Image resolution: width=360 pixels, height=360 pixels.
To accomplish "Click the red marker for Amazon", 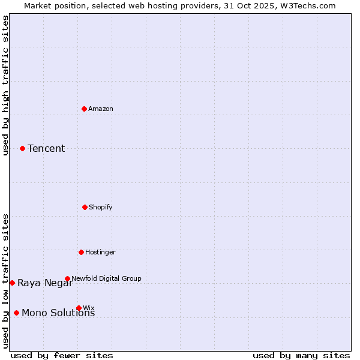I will click(85, 109).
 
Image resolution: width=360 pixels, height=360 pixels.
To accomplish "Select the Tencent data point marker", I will click(22, 148).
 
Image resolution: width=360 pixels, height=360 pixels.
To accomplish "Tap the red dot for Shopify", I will click(85, 207).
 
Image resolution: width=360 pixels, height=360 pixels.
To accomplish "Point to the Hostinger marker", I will click(81, 252).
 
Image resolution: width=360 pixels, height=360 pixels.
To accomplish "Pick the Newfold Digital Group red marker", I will click(67, 278).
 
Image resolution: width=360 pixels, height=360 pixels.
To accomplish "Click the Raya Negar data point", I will click(12, 283).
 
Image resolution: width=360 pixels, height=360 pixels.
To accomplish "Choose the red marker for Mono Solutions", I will click(16, 313).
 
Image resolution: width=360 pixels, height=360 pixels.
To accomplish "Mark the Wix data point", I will click(79, 308).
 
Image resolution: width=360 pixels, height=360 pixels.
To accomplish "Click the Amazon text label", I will click(101, 109).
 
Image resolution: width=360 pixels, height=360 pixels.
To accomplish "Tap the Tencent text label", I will click(46, 149).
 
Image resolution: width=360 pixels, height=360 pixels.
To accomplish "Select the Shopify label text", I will click(100, 207).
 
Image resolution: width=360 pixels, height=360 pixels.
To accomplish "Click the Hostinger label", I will click(100, 252).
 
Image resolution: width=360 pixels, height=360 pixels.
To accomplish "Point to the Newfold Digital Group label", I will click(106, 278).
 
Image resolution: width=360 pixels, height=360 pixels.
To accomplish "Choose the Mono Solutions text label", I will click(58, 313).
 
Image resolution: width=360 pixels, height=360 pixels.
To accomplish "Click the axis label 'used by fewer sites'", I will click(62, 355).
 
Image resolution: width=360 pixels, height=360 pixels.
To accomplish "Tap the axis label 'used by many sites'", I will click(301, 355).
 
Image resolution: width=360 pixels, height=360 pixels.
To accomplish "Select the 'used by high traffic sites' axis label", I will click(6, 85).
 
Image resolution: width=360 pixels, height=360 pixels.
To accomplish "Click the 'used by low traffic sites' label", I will click(6, 281).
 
